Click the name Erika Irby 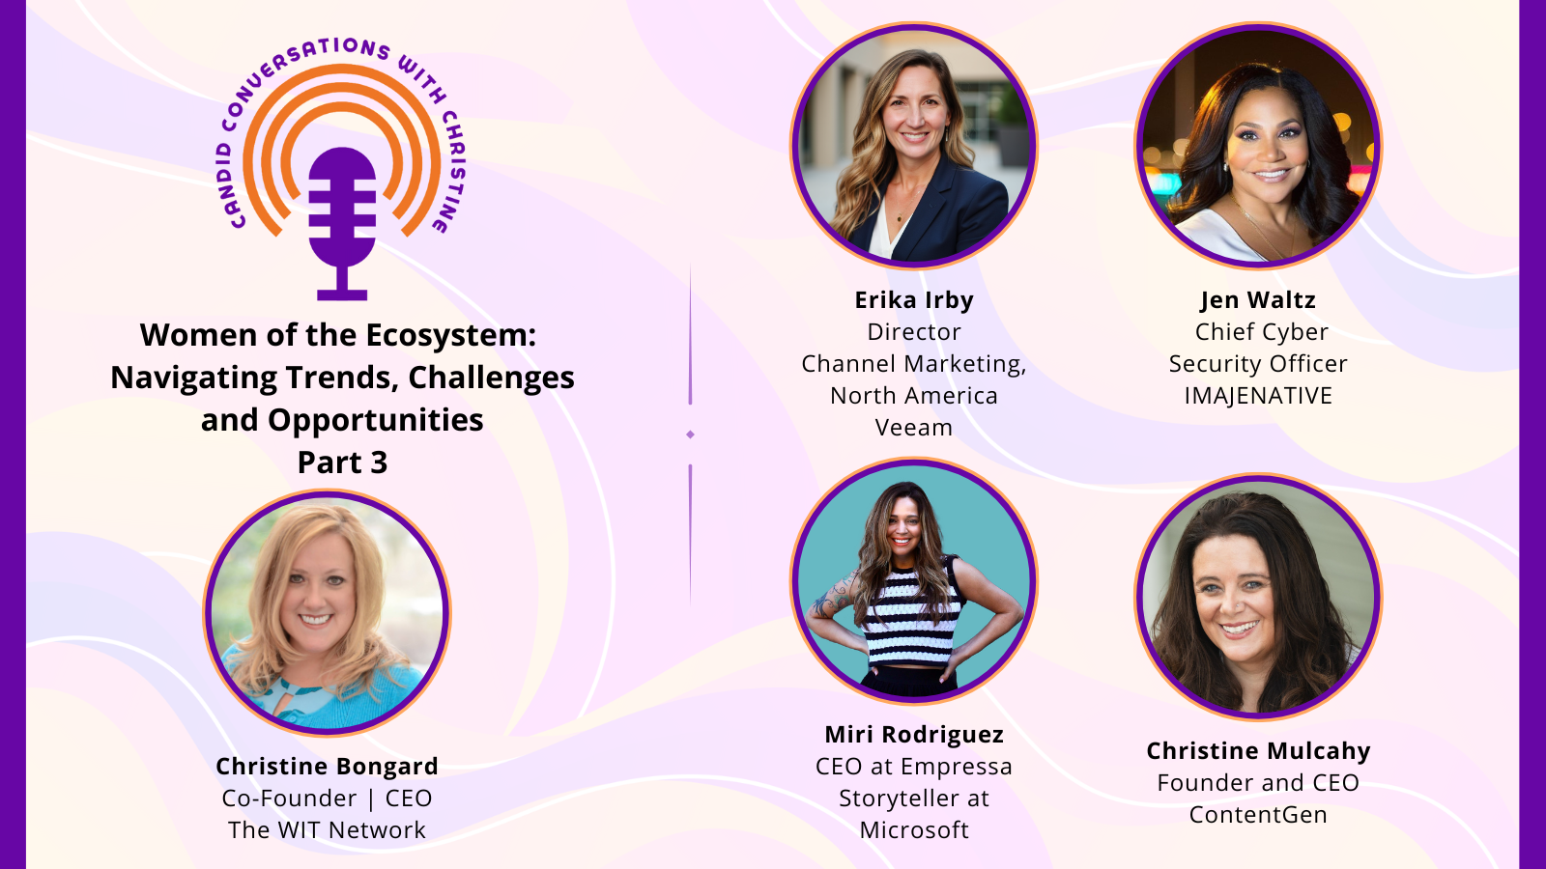coord(914,300)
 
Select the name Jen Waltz coord(1257,300)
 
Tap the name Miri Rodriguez coord(914,735)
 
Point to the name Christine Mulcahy coord(1258,751)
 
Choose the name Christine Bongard coord(327,767)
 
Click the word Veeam coord(914,428)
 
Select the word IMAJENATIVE coord(1258,396)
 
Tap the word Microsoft coord(914,830)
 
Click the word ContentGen coord(1258,815)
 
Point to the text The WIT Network coord(327,830)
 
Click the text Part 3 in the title coord(342,463)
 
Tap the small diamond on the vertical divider coord(690,434)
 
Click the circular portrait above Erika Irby coord(914,145)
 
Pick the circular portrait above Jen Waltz coord(1258,145)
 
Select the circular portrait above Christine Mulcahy coord(1258,597)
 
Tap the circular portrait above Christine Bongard coord(327,613)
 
